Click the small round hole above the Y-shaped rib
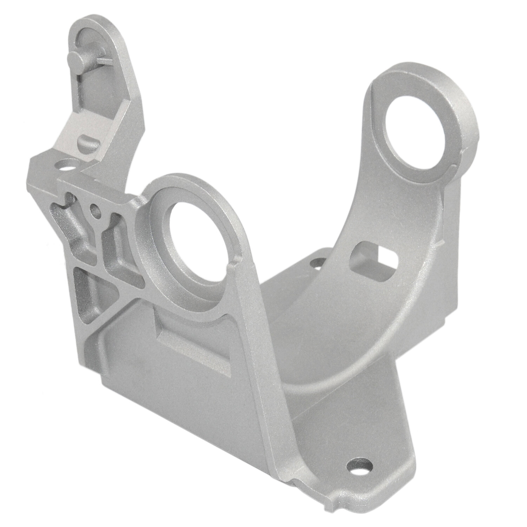click(x=95, y=210)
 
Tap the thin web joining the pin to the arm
click(x=102, y=62)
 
